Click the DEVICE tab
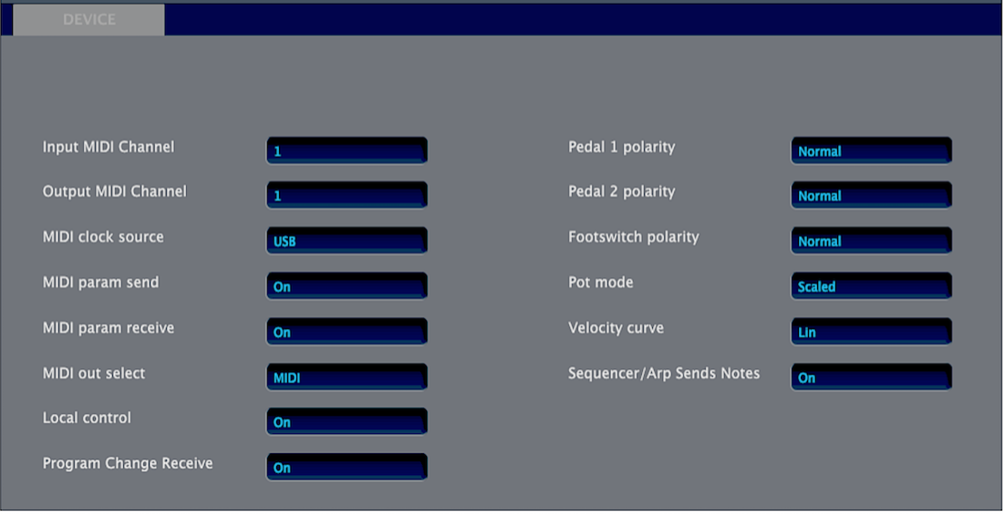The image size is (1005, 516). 88,20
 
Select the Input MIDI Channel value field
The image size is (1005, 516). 347,150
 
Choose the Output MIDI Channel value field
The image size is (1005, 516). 347,195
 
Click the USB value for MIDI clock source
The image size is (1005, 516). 347,241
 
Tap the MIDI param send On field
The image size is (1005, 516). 347,286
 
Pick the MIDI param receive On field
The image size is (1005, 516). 347,332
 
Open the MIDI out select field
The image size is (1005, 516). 347,377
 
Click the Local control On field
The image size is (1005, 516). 347,422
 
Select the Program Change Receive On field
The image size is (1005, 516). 347,468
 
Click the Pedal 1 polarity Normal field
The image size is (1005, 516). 872,150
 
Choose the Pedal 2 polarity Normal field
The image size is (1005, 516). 872,195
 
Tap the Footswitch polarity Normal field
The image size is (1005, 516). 872,241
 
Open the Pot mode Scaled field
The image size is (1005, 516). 872,286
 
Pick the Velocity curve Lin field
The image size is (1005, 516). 872,332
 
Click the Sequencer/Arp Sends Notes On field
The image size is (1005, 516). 872,377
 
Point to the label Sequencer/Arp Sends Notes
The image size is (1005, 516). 664,374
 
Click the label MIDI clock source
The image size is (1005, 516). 103,237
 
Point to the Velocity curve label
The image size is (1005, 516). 616,328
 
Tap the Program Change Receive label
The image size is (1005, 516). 128,463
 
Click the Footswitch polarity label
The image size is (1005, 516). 633,237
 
